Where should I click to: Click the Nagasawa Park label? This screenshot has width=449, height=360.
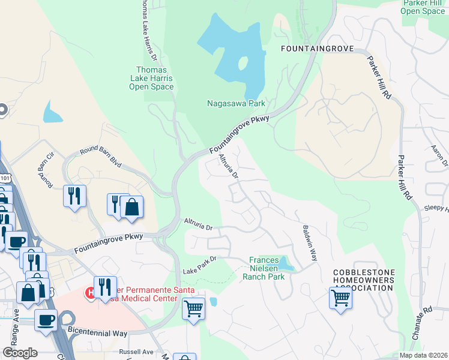point(236,103)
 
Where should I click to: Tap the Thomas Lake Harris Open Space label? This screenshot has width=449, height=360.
point(151,78)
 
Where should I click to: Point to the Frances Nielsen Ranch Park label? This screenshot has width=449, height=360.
point(264,268)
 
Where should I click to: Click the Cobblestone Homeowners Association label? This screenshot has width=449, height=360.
point(364,280)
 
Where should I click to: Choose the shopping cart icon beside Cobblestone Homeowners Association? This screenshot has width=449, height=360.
point(340,297)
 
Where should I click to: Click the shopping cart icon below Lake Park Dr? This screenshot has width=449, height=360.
point(193,309)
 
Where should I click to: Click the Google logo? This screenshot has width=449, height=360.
point(20,353)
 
